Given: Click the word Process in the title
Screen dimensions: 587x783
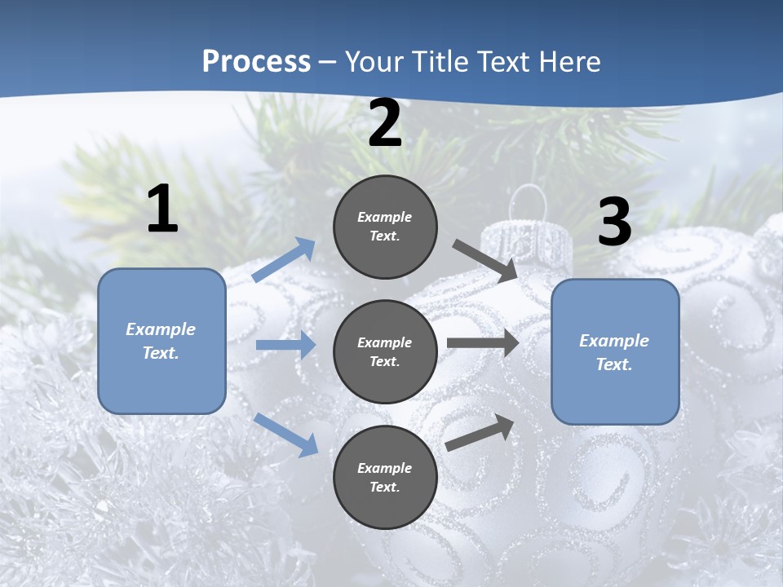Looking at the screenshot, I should (256, 62).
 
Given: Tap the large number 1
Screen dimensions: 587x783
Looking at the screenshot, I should (162, 210).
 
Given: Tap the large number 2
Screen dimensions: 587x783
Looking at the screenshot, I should (385, 124).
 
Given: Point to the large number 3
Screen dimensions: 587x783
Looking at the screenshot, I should (614, 223).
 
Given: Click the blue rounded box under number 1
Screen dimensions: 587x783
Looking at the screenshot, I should (161, 342).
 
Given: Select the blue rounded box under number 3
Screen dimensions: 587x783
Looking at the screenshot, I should (615, 352).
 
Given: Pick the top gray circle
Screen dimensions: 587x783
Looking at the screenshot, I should (385, 227).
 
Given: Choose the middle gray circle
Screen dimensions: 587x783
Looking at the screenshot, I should (385, 351).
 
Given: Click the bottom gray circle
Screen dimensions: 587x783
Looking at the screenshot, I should (385, 477).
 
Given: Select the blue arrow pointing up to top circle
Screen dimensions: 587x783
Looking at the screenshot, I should (284, 260).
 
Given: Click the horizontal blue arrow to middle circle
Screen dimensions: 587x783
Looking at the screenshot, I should (285, 345).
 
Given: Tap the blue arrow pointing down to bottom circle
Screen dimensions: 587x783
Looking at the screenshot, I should (285, 435).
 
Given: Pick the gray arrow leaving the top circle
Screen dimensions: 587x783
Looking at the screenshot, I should (485, 260).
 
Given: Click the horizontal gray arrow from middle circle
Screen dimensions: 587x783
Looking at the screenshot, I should (482, 343).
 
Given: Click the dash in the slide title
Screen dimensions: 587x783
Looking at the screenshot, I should (328, 62).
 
